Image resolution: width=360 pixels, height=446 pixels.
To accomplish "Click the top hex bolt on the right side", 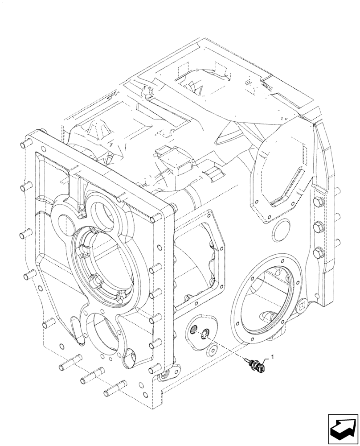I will point(317,204).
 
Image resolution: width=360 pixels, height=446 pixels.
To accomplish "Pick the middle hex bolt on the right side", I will point(317,229).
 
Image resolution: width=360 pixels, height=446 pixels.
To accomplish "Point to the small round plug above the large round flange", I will point(282,231).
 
